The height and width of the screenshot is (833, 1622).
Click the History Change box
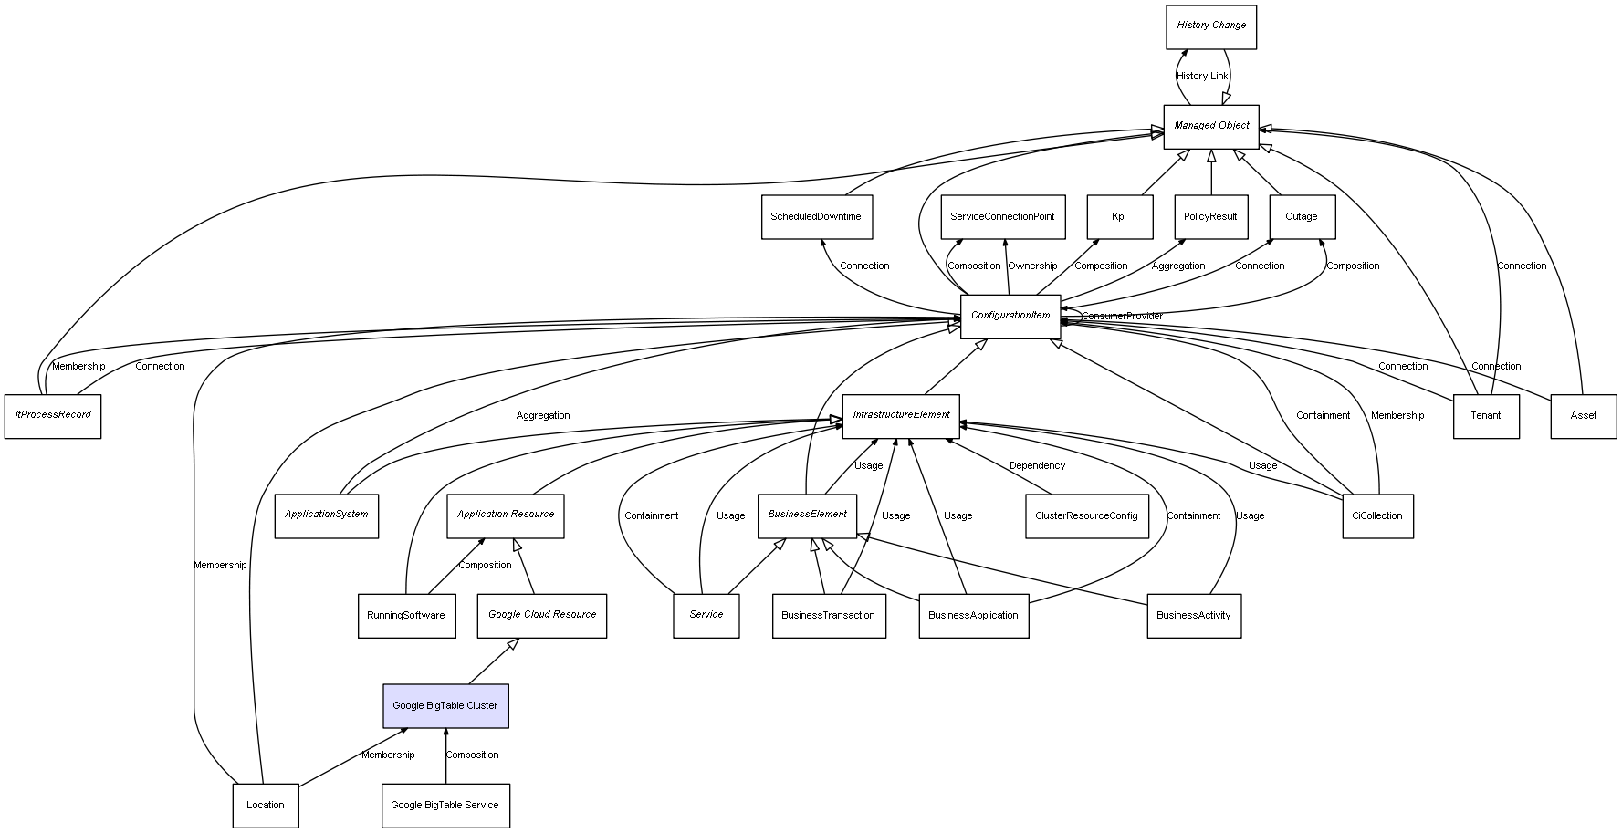click(1211, 26)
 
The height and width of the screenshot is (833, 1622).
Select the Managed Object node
click(1211, 126)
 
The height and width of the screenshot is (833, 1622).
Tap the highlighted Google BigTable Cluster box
click(445, 706)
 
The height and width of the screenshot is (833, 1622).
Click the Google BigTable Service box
click(445, 806)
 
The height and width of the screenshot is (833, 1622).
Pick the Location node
click(266, 806)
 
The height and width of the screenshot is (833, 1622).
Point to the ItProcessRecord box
click(53, 416)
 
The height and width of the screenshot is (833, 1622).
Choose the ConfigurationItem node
click(1010, 317)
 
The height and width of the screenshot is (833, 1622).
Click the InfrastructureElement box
click(901, 416)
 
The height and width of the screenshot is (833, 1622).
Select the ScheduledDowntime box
click(816, 217)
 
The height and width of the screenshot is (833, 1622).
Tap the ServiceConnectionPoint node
click(1002, 217)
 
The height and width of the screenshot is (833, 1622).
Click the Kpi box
click(1119, 217)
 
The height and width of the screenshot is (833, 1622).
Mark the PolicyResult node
click(1210, 217)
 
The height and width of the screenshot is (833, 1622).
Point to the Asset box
click(1584, 416)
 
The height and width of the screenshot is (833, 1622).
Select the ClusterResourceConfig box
click(1086, 516)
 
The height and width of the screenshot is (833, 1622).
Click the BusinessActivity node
click(1194, 616)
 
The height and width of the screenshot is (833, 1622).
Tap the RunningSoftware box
click(406, 616)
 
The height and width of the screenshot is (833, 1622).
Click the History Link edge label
click(1202, 77)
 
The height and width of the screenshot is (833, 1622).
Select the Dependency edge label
click(1037, 466)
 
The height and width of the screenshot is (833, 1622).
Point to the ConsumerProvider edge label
click(1123, 317)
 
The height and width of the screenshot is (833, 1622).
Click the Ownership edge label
click(1032, 266)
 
